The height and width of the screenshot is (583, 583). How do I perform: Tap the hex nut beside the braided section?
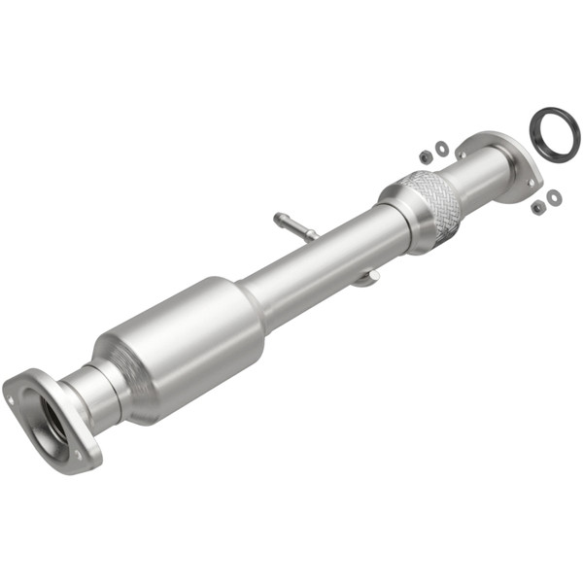point(426,155)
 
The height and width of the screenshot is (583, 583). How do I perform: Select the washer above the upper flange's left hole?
point(442,148)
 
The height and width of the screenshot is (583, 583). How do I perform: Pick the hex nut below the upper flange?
point(537,207)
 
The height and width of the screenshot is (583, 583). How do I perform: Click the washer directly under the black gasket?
point(554,198)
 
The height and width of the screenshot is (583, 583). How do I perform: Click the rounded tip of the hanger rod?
point(279,217)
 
